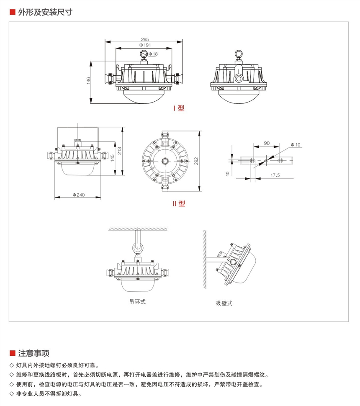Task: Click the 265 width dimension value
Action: pyautogui.click(x=144, y=39)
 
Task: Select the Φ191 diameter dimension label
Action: pyautogui.click(x=144, y=45)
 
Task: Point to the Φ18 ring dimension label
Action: pyautogui.click(x=153, y=54)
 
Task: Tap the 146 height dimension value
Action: pyautogui.click(x=88, y=81)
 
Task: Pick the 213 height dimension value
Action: pyautogui.click(x=119, y=151)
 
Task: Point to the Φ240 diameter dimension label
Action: pyautogui.click(x=79, y=195)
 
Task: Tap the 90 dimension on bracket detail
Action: pyautogui.click(x=267, y=143)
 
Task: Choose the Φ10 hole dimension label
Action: pyautogui.click(x=296, y=145)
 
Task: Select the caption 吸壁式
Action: pyautogui.click(x=224, y=303)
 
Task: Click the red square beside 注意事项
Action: pyautogui.click(x=13, y=353)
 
